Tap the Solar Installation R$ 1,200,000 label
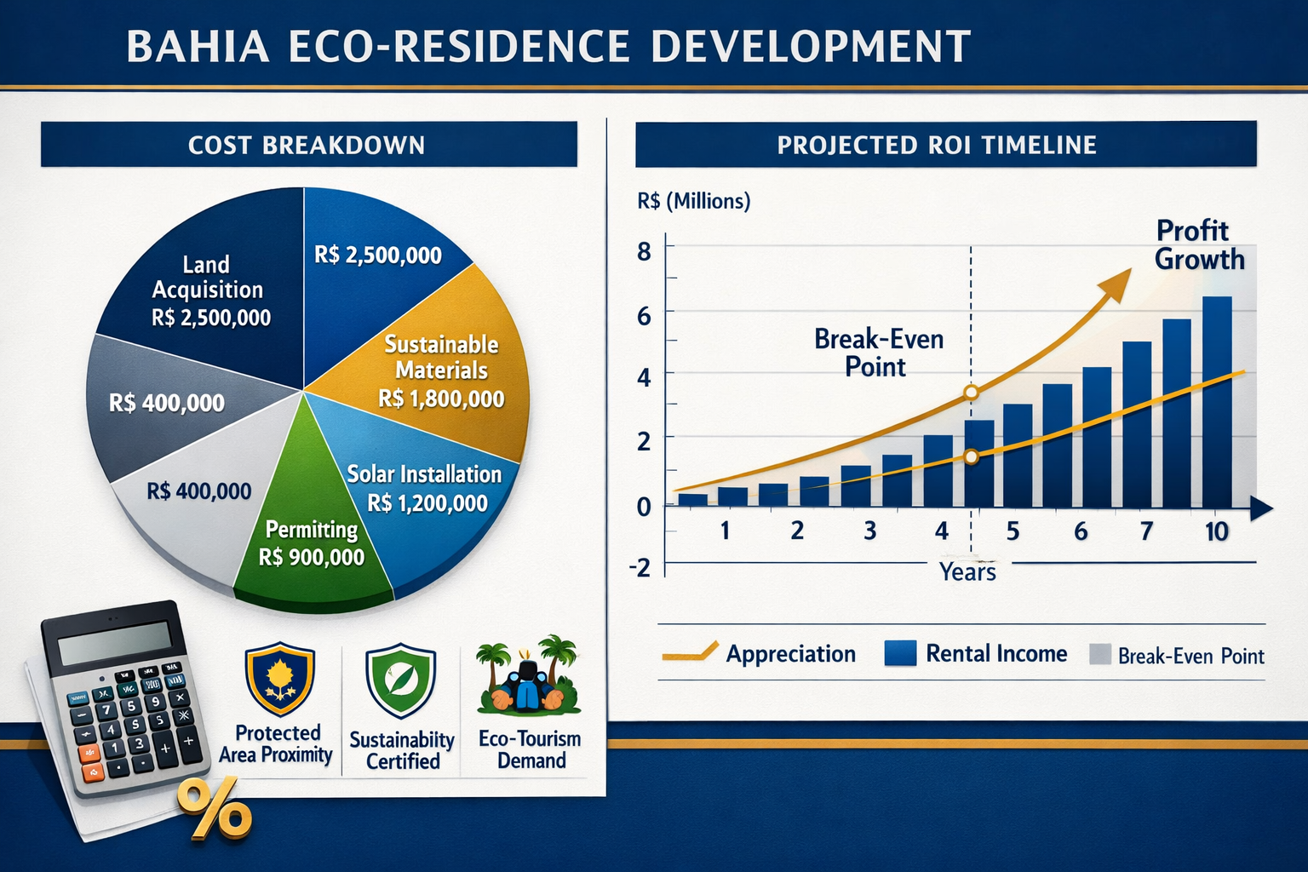pyautogui.click(x=426, y=489)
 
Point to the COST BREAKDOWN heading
pyautogui.click(x=307, y=145)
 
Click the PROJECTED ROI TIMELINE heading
pyautogui.click(x=937, y=145)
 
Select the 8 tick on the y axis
pyautogui.click(x=644, y=251)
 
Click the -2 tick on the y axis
pyautogui.click(x=640, y=567)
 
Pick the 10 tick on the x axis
pyautogui.click(x=1216, y=531)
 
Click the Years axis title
pyautogui.click(x=967, y=571)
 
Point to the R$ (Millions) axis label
pyautogui.click(x=693, y=201)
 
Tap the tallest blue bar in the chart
pyautogui.click(x=1216, y=400)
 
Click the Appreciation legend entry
pyautogui.click(x=789, y=654)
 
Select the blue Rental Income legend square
pyautogui.click(x=900, y=653)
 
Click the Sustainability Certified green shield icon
pyautogui.click(x=400, y=683)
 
